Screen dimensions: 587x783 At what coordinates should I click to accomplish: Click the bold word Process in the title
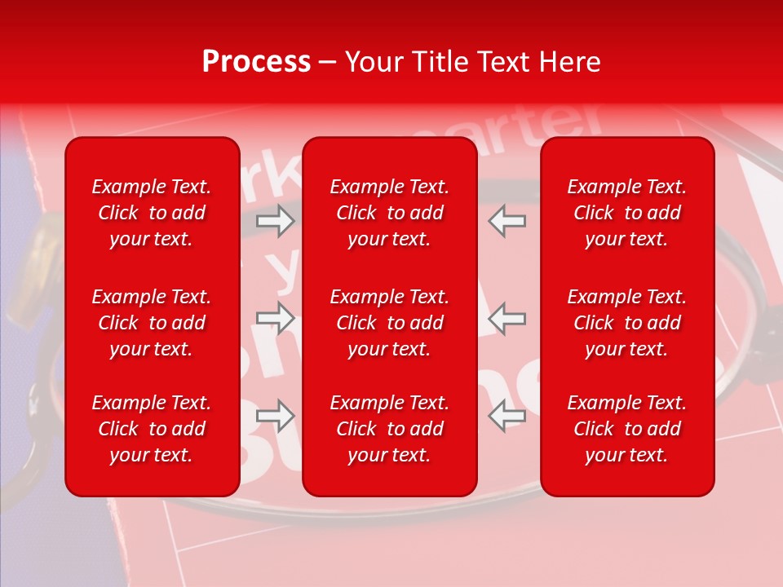point(256,62)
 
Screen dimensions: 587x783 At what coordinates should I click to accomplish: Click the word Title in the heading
point(440,62)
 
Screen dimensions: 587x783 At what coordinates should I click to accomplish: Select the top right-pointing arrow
point(276,221)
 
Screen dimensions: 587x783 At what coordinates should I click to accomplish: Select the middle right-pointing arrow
point(276,318)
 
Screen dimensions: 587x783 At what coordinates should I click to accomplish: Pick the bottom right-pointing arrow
point(276,415)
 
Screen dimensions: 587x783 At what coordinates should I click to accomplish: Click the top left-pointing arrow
point(507,221)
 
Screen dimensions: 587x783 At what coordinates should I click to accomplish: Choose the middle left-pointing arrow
point(507,318)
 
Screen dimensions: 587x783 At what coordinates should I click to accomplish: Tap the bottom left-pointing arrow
point(507,415)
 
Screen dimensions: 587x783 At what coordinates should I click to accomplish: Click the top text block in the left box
point(152,213)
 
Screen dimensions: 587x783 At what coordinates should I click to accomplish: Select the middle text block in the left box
point(152,323)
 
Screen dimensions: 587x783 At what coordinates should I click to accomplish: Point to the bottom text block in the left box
point(152,429)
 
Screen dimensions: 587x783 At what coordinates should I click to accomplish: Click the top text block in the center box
point(390,213)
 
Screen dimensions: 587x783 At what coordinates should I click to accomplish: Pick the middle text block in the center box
point(390,323)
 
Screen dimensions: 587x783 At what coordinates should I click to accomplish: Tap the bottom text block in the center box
point(390,429)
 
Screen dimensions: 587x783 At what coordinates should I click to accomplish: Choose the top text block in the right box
point(627,213)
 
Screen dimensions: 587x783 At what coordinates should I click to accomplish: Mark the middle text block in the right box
point(627,323)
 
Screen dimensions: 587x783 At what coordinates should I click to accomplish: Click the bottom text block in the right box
point(627,429)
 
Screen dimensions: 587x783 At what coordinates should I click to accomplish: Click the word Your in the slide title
point(374,62)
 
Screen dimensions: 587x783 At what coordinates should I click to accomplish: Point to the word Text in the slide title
point(506,62)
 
